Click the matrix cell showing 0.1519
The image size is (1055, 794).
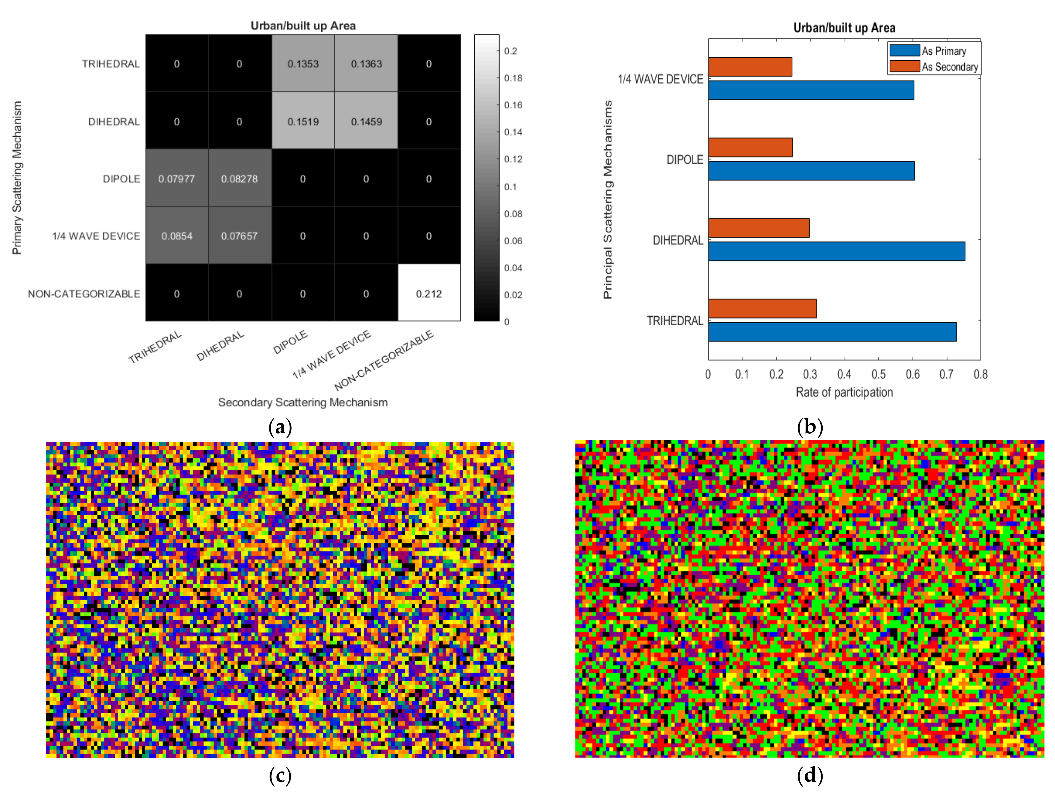[303, 122]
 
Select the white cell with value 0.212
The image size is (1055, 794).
[429, 294]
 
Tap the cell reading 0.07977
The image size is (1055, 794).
[176, 179]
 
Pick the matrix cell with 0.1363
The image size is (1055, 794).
[366, 64]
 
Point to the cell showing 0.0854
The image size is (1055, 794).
[176, 236]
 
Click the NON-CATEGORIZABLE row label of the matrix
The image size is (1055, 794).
[84, 294]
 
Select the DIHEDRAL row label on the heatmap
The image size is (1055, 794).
[114, 122]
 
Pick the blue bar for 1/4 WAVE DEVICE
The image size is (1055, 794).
[811, 90]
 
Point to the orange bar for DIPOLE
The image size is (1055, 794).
[750, 147]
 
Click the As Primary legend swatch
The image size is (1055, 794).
[904, 50]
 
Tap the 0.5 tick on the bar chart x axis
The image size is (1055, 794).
[879, 374]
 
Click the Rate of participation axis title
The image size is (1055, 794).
[844, 392]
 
